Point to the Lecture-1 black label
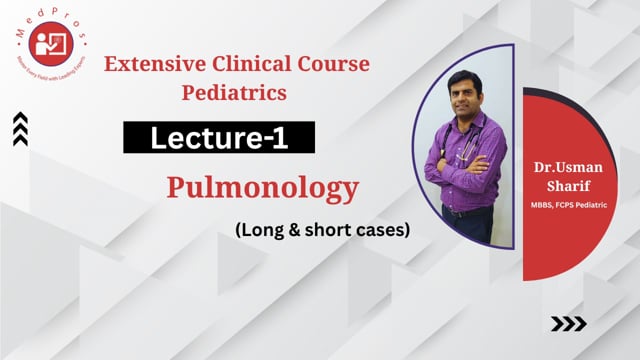coord(219,137)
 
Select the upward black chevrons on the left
coord(20,129)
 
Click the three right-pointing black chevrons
coord(569,323)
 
